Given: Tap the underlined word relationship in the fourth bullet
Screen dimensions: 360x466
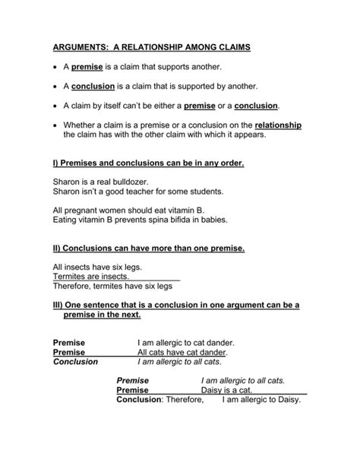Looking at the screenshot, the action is (278, 125).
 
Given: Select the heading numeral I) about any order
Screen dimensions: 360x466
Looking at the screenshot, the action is (56, 163).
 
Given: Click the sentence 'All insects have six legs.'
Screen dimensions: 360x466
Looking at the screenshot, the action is (98, 268).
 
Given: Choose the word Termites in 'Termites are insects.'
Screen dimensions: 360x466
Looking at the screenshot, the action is (71, 277).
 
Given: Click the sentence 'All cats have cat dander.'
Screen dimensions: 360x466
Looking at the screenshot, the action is (182, 352).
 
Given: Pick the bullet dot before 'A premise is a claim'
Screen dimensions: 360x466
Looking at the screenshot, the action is (56, 68).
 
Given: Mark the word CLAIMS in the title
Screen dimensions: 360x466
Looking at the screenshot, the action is (229, 47).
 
